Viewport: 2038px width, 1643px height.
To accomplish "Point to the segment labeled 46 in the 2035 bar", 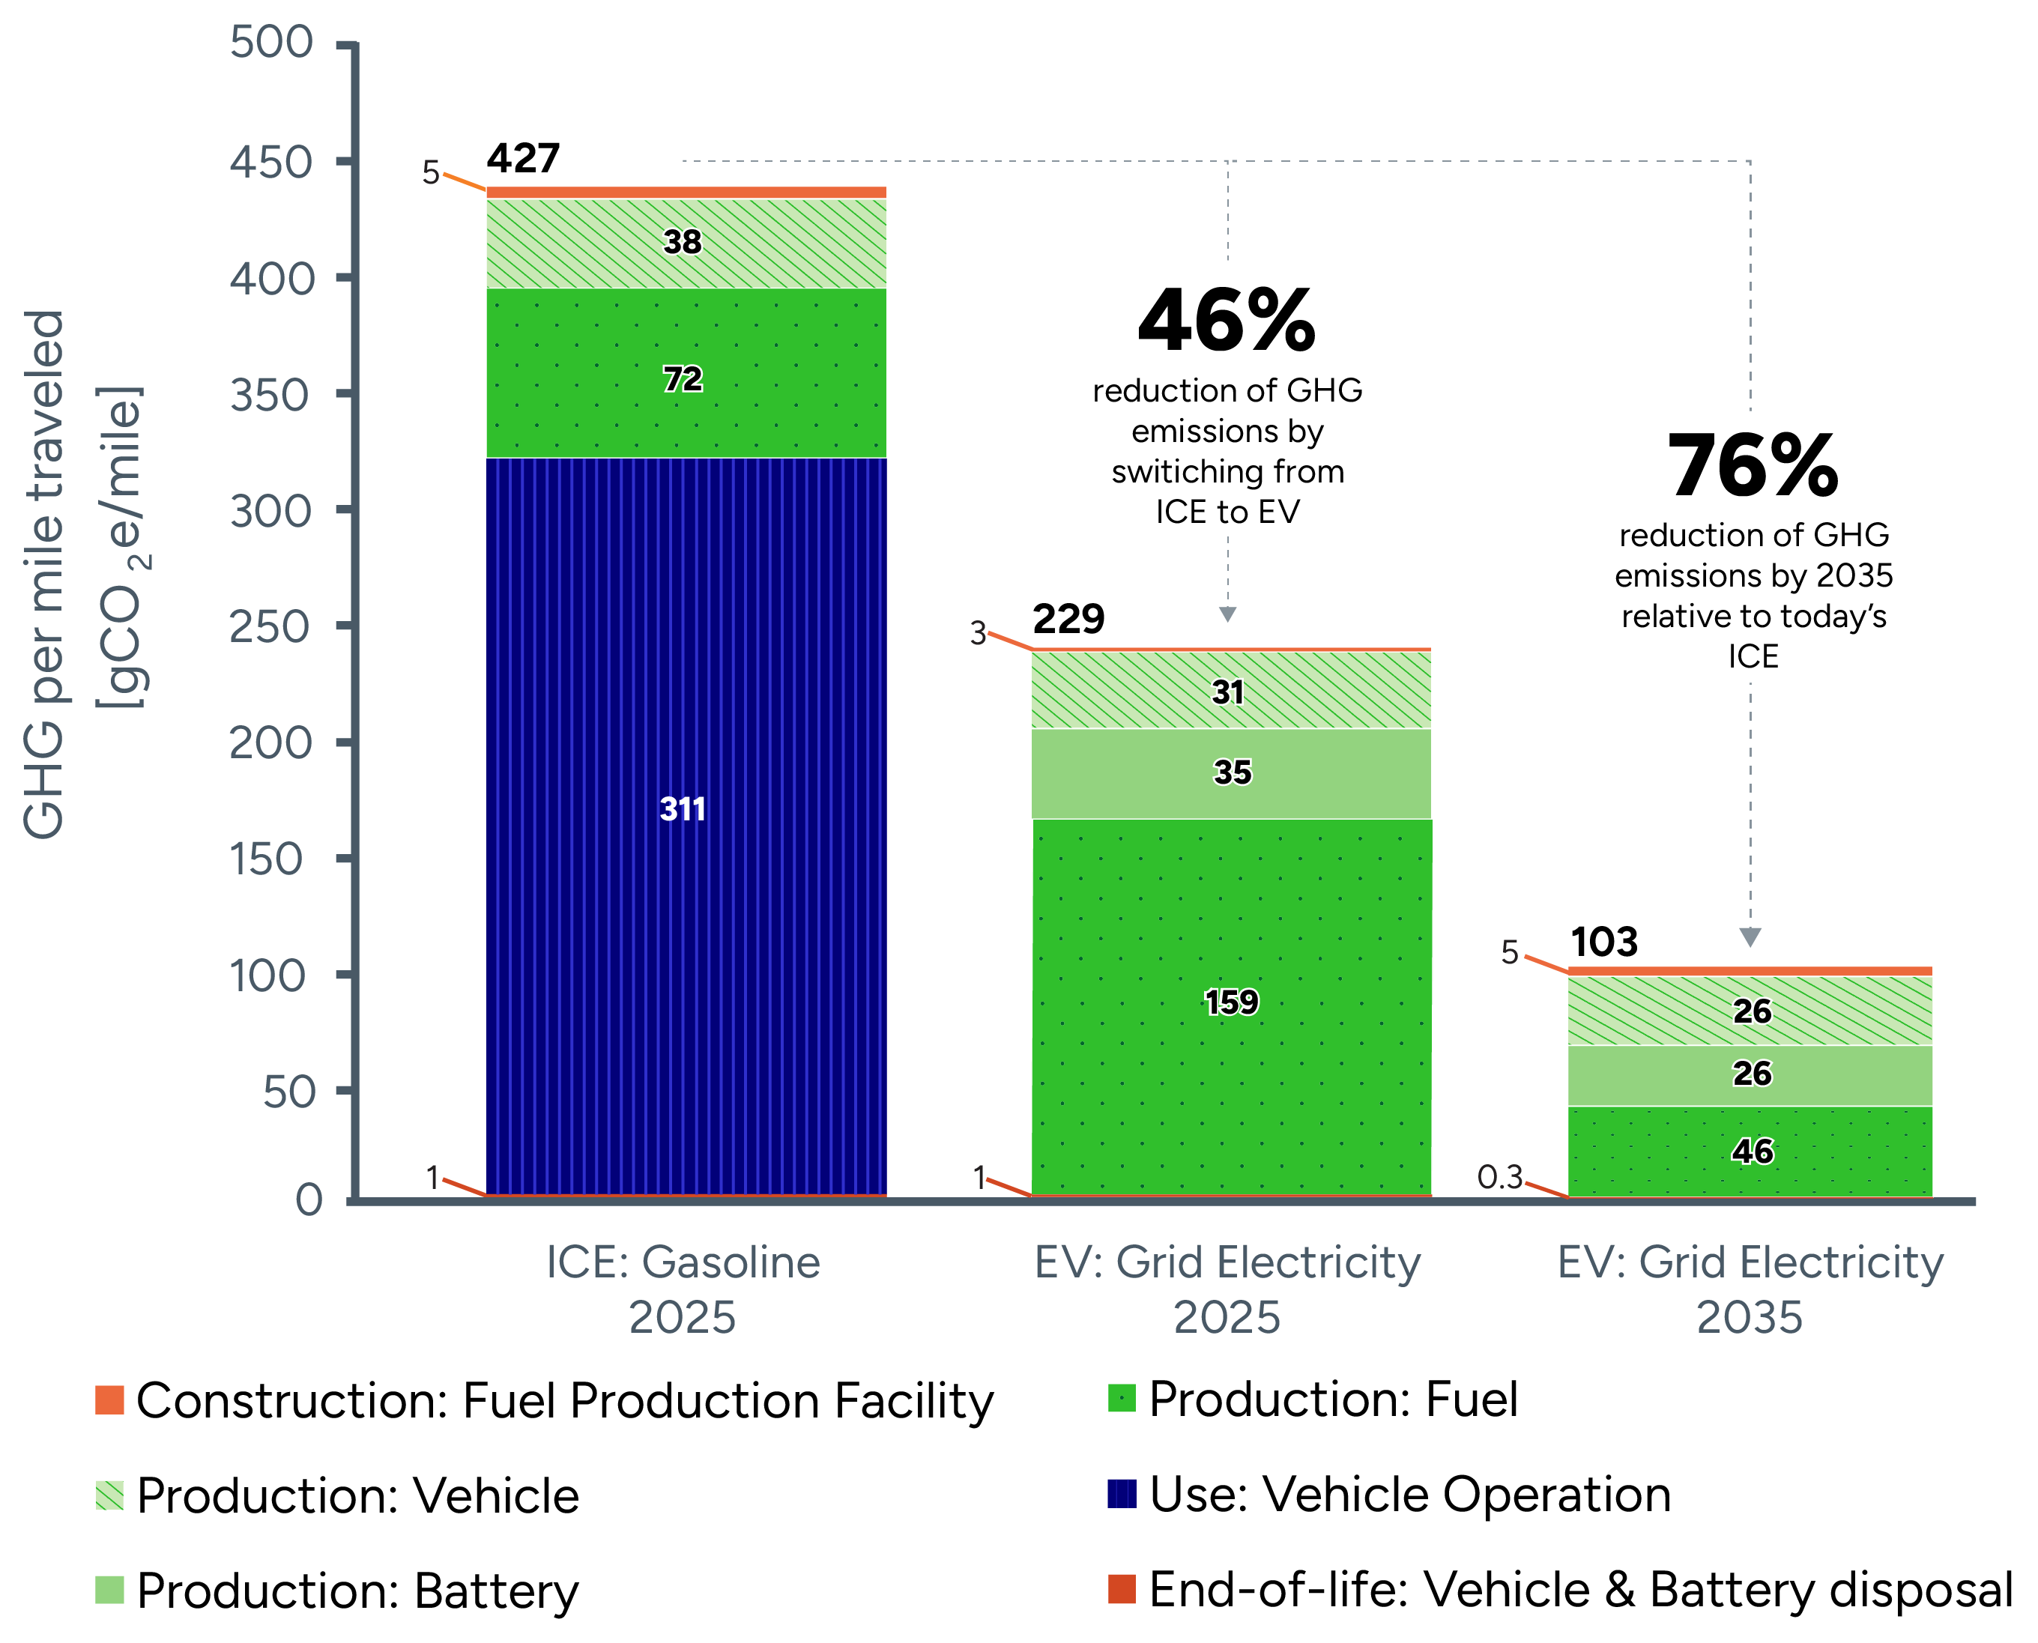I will pos(1751,1151).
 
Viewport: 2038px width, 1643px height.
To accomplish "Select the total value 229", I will pos(1068,619).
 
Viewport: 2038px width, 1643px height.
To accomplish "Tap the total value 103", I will pos(1603,942).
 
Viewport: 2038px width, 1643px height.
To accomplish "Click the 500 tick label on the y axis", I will pos(272,43).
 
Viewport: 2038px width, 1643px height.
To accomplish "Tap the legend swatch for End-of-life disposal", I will pos(1122,1589).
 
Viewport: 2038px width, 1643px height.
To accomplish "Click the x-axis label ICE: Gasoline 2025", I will pos(683,1289).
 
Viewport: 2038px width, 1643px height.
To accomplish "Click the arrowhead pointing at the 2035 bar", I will pos(1750,937).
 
